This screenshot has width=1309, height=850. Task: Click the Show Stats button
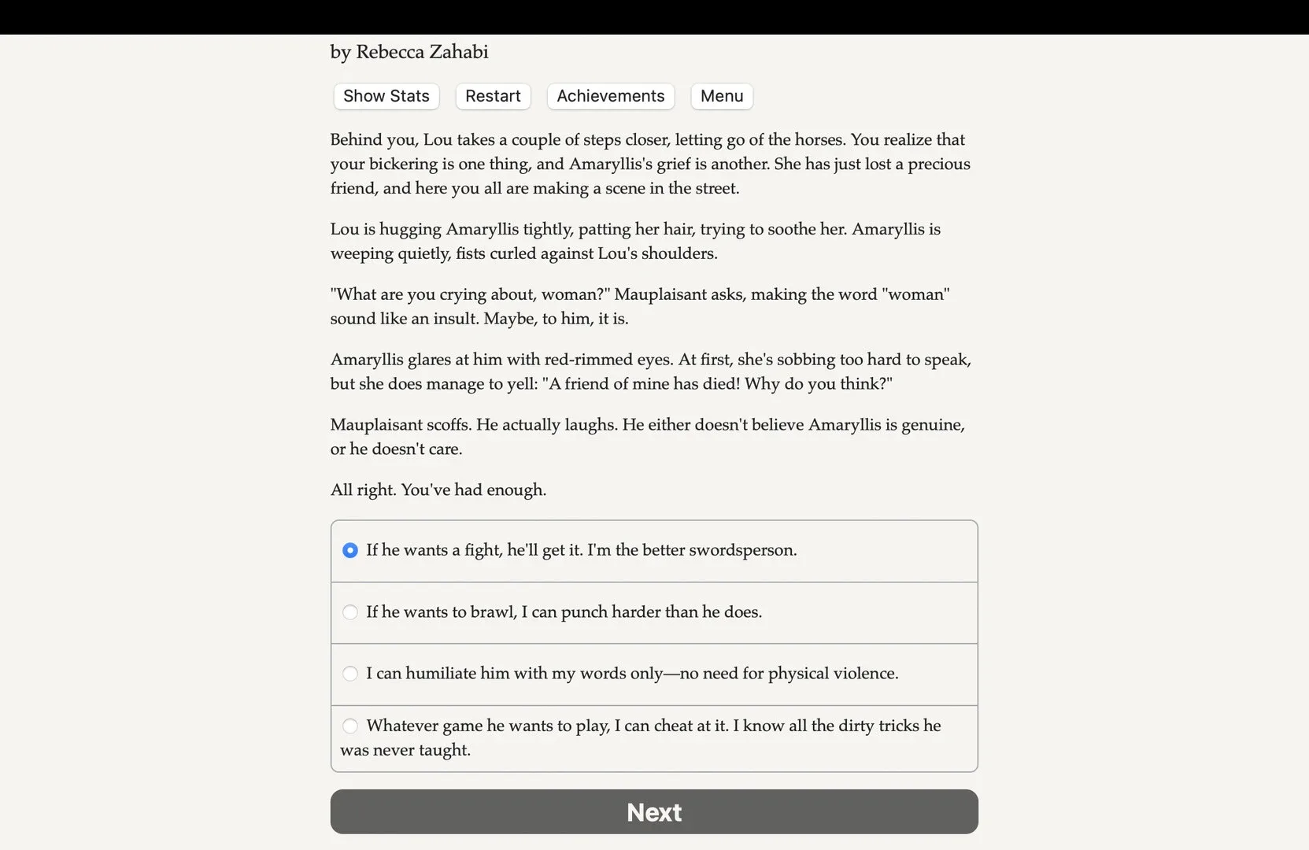386,96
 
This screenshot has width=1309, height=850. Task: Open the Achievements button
610,96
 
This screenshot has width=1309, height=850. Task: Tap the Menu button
721,96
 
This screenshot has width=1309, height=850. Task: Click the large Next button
653,811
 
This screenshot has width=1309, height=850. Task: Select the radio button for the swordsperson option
350,550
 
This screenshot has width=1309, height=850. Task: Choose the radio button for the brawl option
350,612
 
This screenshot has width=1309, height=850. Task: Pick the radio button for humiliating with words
350,674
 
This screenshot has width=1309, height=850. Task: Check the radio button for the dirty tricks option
350,726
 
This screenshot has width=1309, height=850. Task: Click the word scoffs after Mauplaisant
448,425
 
